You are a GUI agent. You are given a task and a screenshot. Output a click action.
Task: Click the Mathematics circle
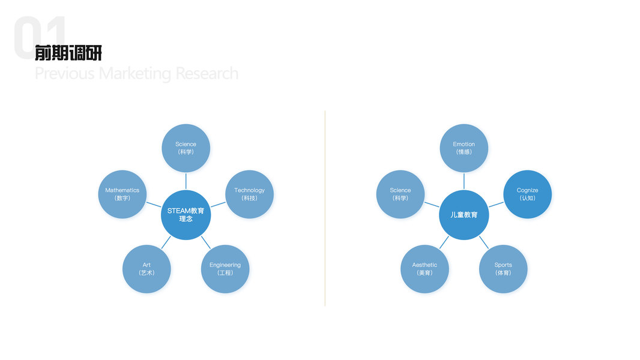pyautogui.click(x=122, y=194)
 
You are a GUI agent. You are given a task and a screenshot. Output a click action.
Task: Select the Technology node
pyautogui.click(x=249, y=194)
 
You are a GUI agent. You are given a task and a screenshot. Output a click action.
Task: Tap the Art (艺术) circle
pyautogui.click(x=146, y=269)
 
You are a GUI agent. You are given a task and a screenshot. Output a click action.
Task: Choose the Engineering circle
pyautogui.click(x=225, y=269)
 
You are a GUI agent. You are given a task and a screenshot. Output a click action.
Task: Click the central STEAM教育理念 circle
pyautogui.click(x=186, y=215)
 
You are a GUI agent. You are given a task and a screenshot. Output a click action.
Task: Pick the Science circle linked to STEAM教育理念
pyautogui.click(x=186, y=148)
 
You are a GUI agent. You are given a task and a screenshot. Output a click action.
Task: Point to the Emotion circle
pyautogui.click(x=463, y=148)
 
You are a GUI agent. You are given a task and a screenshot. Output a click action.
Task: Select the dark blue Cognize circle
pyautogui.click(x=527, y=194)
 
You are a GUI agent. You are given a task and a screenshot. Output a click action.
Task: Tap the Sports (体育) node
pyautogui.click(x=503, y=269)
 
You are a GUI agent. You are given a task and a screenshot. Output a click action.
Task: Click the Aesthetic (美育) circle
pyautogui.click(x=424, y=269)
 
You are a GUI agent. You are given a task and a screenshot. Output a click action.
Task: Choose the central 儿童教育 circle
pyautogui.click(x=463, y=215)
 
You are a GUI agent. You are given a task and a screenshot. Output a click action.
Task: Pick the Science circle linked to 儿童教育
pyautogui.click(x=400, y=194)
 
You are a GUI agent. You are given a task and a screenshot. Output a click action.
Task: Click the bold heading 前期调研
pyautogui.click(x=68, y=53)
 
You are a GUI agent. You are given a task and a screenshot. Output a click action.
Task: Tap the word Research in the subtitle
pyautogui.click(x=207, y=74)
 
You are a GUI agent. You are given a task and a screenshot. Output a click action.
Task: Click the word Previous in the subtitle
pyautogui.click(x=64, y=74)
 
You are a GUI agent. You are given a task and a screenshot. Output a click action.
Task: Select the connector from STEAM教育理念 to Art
pyautogui.click(x=166, y=242)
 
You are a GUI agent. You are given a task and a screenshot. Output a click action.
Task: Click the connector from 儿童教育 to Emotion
pyautogui.click(x=463, y=181)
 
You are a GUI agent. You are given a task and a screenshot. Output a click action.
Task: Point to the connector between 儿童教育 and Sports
pyautogui.click(x=483, y=242)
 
